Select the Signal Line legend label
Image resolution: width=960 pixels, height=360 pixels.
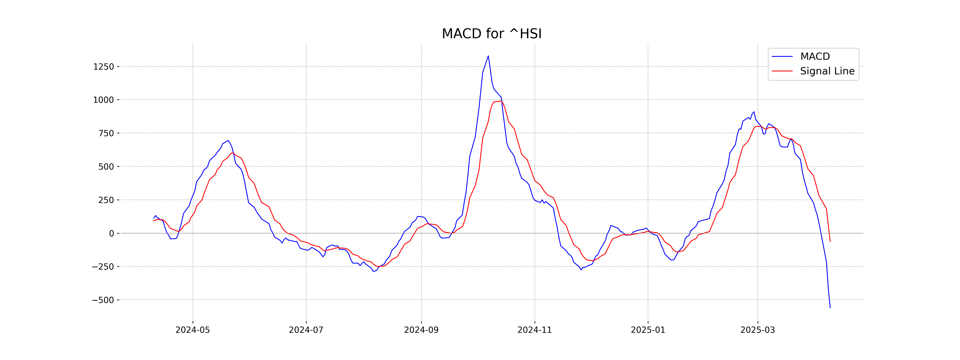pyautogui.click(x=827, y=71)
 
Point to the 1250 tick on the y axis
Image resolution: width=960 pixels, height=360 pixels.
pyautogui.click(x=104, y=67)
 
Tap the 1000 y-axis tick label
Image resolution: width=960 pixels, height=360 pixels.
pyautogui.click(x=104, y=100)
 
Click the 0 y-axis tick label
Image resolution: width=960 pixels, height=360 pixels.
pyautogui.click(x=111, y=233)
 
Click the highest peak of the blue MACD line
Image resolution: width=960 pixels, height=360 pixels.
pyautogui.click(x=488, y=56)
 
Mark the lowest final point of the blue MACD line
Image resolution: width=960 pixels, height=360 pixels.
pyautogui.click(x=830, y=308)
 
